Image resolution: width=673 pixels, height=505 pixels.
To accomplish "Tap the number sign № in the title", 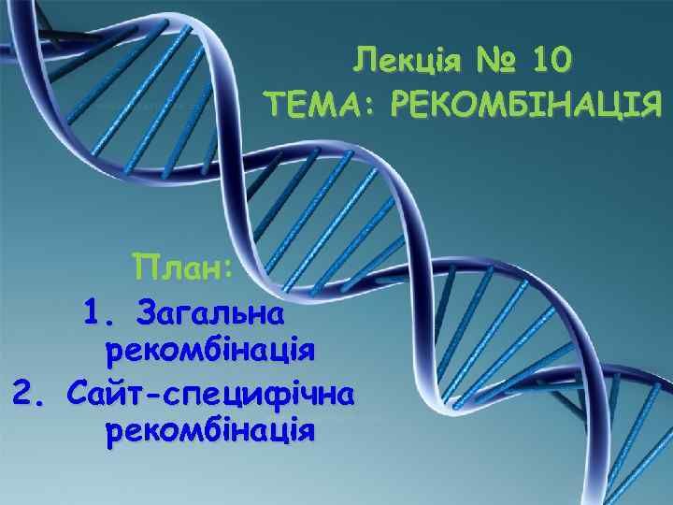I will click(x=492, y=63).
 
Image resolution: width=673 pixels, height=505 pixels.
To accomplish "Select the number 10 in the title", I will click(x=550, y=63).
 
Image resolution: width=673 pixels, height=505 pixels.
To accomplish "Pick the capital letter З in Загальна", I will click(x=147, y=310).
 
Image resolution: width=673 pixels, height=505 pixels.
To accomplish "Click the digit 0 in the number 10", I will click(x=559, y=63).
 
